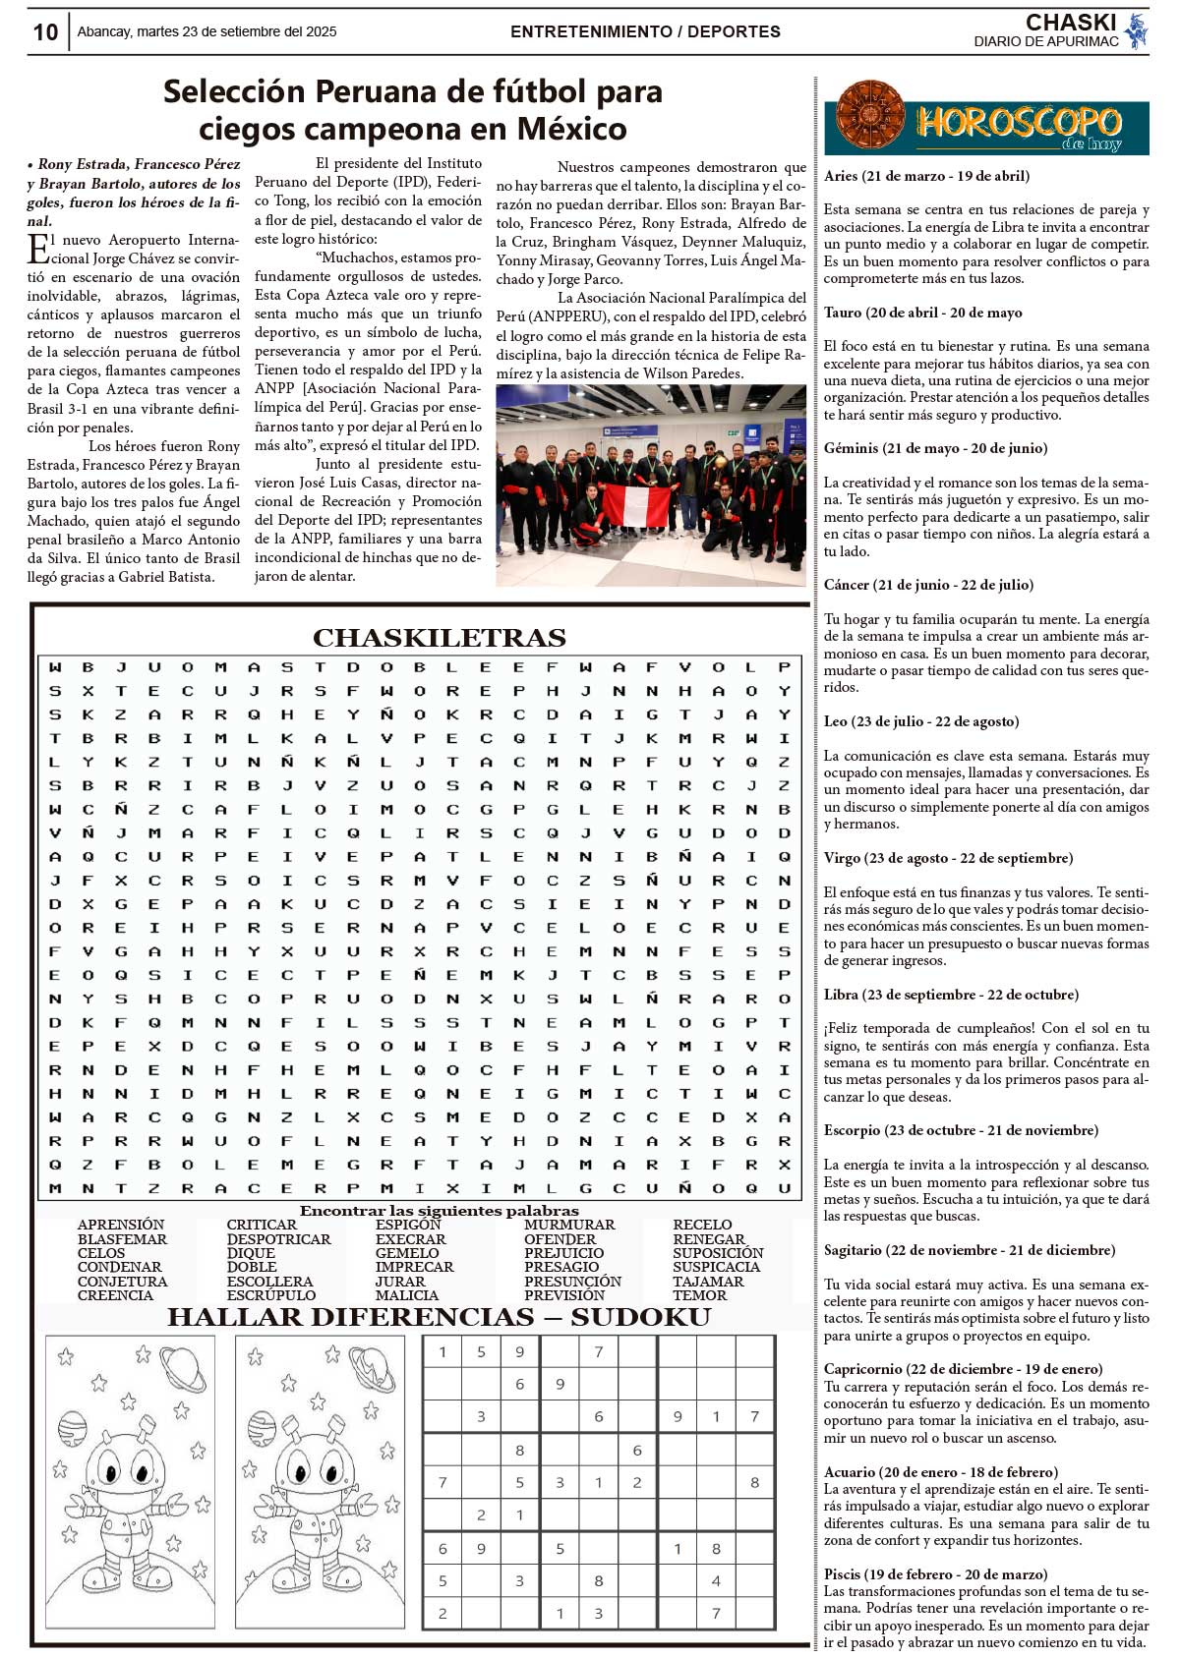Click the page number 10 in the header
(x=45, y=32)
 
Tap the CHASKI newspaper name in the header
(x=1070, y=23)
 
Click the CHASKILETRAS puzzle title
(x=439, y=638)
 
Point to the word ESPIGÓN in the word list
(x=408, y=1225)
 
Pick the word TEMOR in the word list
(x=700, y=1295)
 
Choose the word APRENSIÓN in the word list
(x=121, y=1225)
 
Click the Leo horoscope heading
(x=920, y=721)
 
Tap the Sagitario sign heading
(x=969, y=1250)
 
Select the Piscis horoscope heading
(x=935, y=1574)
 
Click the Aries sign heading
(x=926, y=176)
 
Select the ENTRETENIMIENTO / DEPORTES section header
(x=645, y=31)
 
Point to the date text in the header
(x=206, y=31)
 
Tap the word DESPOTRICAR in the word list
(x=278, y=1239)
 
